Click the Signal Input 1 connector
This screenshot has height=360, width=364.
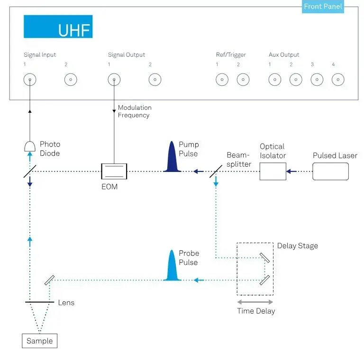pyautogui.click(x=30, y=80)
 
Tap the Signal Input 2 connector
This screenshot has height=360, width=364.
pyautogui.click(x=71, y=80)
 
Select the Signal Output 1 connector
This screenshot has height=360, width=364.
pyautogui.click(x=114, y=80)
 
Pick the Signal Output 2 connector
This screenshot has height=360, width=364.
pyautogui.click(x=155, y=80)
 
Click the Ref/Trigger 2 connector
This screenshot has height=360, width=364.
pyautogui.click(x=243, y=80)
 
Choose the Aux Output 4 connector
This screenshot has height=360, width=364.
pyautogui.click(x=337, y=80)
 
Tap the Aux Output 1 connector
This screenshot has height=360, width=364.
pyautogui.click(x=275, y=80)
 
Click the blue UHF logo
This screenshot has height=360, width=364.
pyautogui.click(x=58, y=27)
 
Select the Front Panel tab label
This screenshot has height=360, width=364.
pyautogui.click(x=323, y=7)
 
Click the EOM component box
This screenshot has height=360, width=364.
pyautogui.click(x=114, y=171)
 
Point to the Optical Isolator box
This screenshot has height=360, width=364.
pyautogui.click(x=273, y=171)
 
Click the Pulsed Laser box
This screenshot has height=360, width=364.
pyautogui.click(x=330, y=171)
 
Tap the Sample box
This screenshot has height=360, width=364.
pyautogui.click(x=40, y=341)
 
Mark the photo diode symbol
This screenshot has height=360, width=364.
pyautogui.click(x=30, y=146)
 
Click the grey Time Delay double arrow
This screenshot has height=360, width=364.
pyautogui.click(x=255, y=302)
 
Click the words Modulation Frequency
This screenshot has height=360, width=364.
pyautogui.click(x=134, y=111)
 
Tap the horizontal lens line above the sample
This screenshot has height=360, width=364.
pyautogui.click(x=40, y=302)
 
